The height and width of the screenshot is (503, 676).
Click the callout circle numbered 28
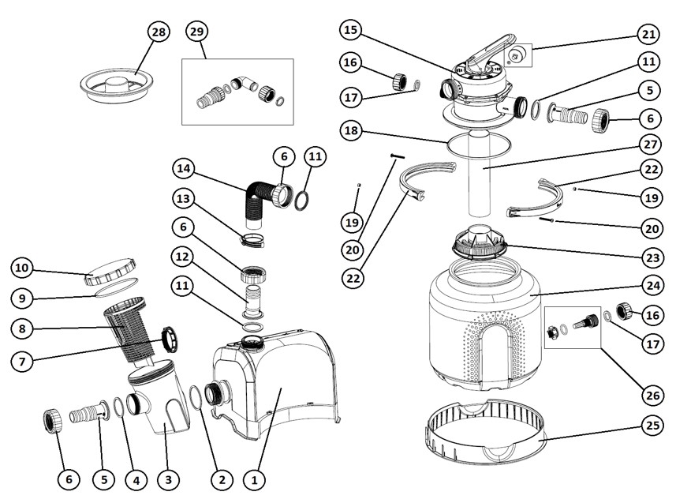(x=159, y=32)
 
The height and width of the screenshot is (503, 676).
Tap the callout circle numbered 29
(x=196, y=32)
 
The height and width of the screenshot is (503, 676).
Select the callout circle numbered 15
(x=351, y=31)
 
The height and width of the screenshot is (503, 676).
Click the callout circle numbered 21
(x=648, y=36)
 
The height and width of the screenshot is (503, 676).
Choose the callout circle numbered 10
(x=22, y=268)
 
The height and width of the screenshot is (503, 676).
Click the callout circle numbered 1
(x=254, y=479)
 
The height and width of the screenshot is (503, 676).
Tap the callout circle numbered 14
(x=183, y=168)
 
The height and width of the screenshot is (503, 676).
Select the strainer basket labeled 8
(x=124, y=327)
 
